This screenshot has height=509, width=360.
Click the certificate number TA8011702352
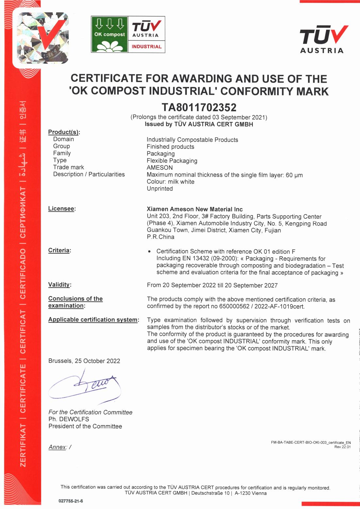tap(199, 107)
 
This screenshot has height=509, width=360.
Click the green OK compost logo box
tap(109, 35)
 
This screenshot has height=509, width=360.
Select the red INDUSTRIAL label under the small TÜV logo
tap(146, 46)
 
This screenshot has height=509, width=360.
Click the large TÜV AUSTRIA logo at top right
tap(322, 39)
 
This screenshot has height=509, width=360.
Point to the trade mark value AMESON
tap(160, 168)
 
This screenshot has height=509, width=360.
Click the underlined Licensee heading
tap(61, 209)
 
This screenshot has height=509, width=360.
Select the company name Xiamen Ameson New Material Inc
tap(195, 209)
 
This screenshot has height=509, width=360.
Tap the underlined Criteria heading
tap(59, 250)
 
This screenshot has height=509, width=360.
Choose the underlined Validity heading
tap(59, 284)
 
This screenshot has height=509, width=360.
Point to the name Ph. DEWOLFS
tap(69, 419)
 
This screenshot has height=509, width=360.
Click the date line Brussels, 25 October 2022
tap(84, 361)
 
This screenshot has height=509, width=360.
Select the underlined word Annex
tap(57, 447)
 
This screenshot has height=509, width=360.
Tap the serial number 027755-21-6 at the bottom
tap(71, 501)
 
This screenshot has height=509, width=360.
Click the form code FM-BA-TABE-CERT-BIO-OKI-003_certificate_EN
tap(311, 443)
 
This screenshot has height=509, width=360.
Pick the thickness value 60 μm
tap(294, 175)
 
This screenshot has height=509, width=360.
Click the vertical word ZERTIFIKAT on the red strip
tap(23, 446)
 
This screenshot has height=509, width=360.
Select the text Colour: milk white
tap(170, 182)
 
